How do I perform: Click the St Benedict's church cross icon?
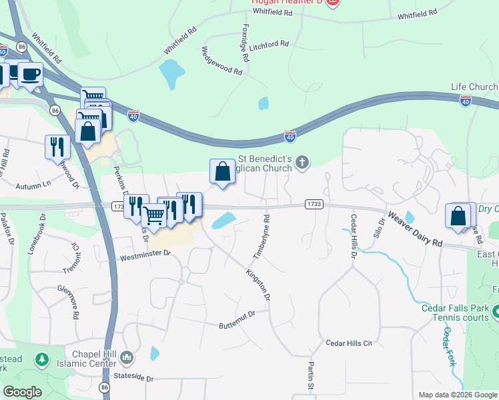302,162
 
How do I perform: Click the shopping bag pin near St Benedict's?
223,171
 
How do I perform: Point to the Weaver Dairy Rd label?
415,230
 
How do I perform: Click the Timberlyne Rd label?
261,237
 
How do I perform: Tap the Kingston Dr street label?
258,283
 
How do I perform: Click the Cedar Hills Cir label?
348,343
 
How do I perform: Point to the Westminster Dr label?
145,254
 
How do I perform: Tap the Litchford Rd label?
269,45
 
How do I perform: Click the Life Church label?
474,87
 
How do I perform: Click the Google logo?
22,391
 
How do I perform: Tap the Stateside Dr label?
131,378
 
